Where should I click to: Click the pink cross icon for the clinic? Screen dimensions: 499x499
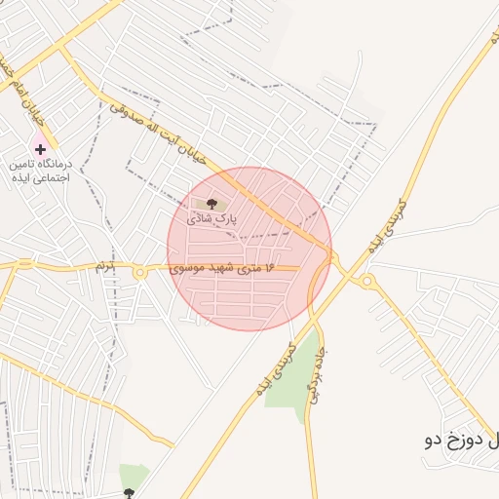[x=40, y=149]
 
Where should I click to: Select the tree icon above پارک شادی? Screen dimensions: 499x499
[x=211, y=204]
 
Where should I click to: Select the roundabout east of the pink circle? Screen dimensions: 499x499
[x=367, y=283]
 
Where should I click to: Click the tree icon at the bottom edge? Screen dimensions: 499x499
[x=128, y=493]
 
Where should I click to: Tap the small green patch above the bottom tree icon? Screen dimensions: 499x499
[x=133, y=475]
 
